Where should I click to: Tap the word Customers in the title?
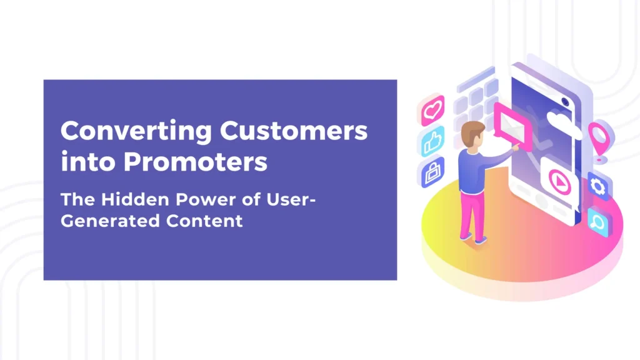294,132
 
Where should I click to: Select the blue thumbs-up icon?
432,142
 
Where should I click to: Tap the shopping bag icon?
432,171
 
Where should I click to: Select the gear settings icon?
597,186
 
